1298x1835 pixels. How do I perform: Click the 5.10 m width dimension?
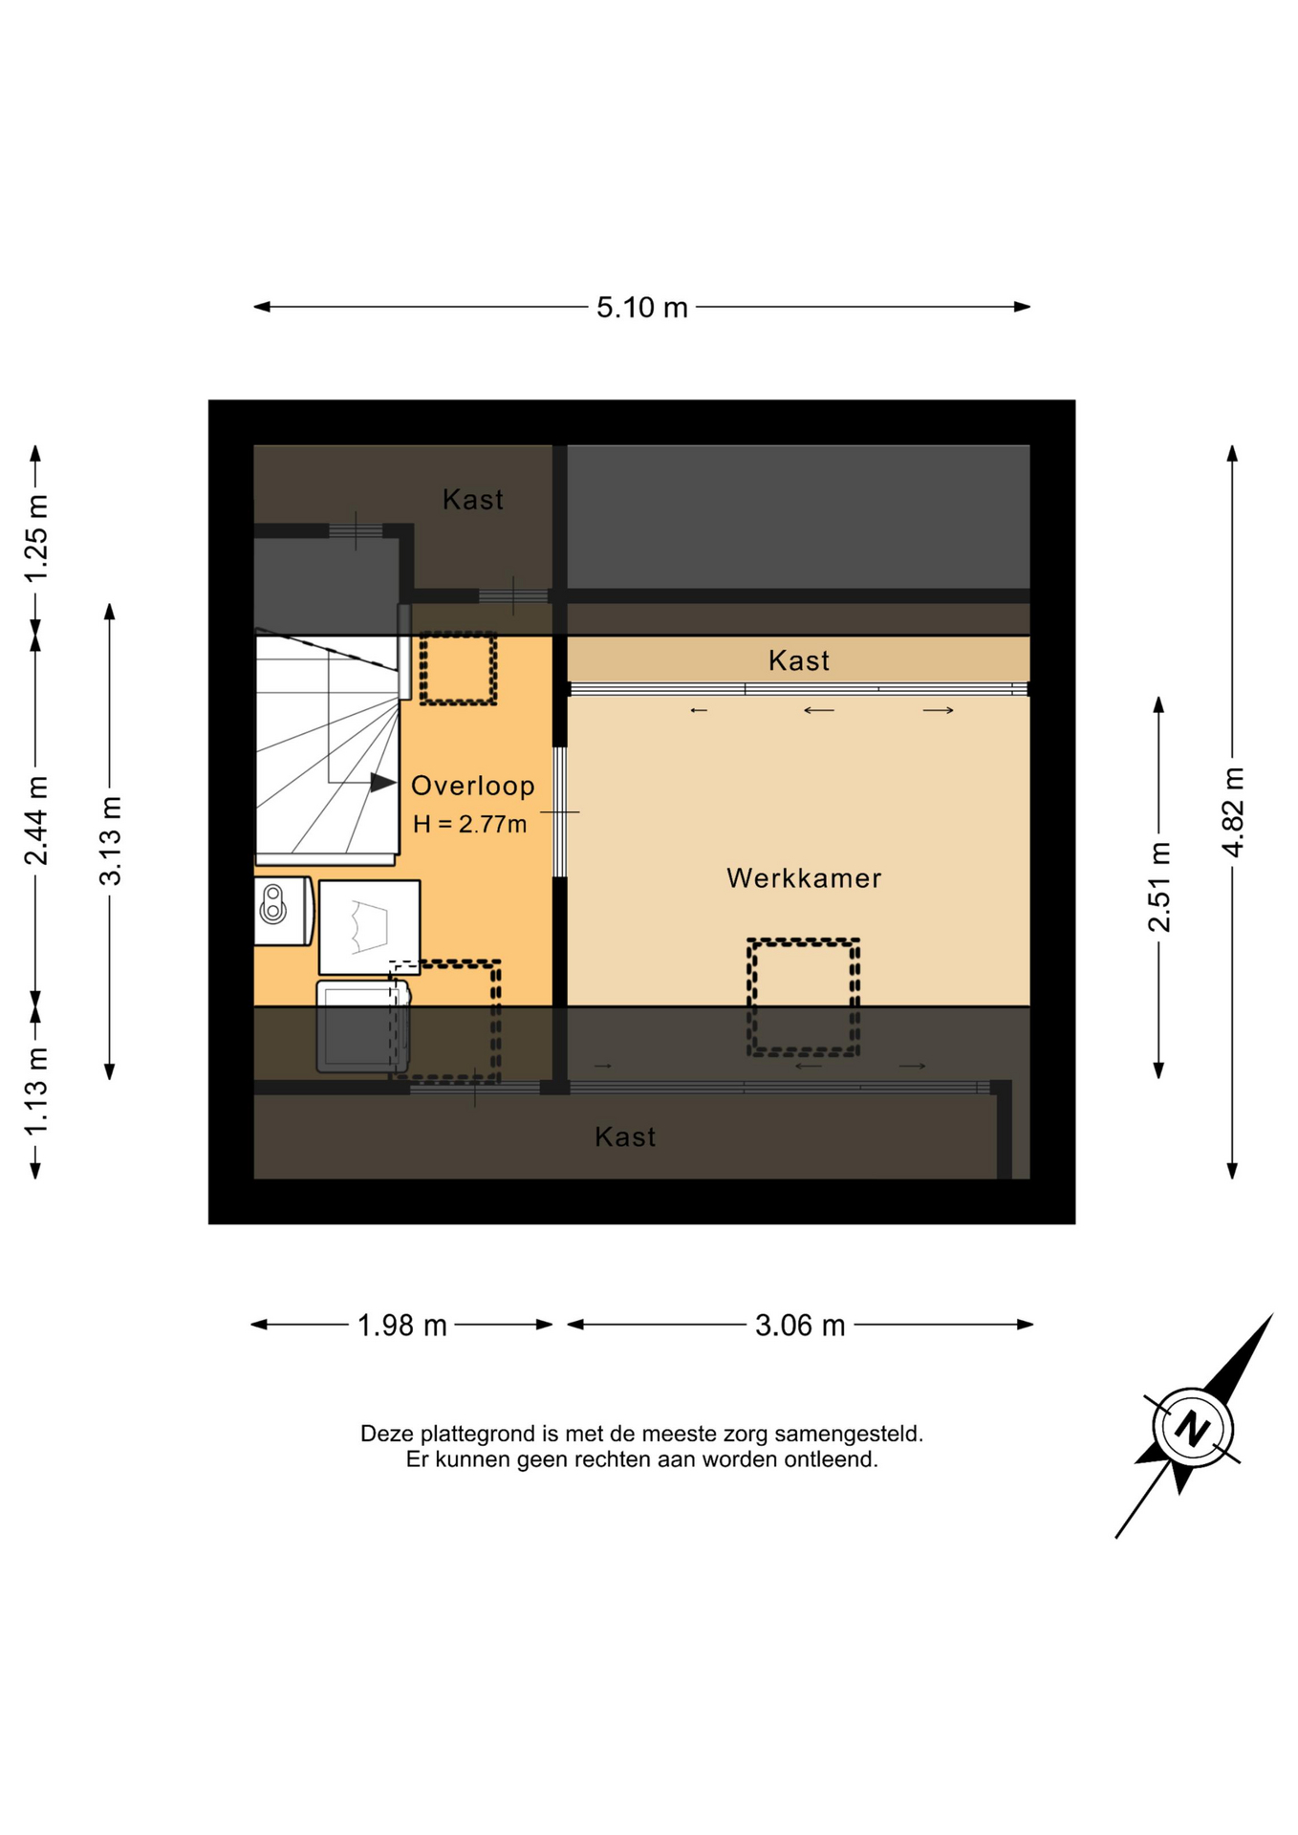tap(642, 308)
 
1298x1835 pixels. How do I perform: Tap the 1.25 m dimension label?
tap(35, 538)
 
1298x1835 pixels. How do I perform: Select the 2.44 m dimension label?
tap(35, 821)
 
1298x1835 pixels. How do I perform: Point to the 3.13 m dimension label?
tap(111, 841)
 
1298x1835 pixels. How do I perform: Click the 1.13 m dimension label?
tap(35, 1092)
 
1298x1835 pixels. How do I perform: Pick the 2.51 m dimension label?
tap(1159, 887)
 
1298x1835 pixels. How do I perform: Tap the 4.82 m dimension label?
tap(1233, 812)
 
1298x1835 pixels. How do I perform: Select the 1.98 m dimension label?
tap(402, 1326)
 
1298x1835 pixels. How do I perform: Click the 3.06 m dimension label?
tap(800, 1326)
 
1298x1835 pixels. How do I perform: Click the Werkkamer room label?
tap(804, 878)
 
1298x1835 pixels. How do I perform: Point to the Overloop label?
tap(472, 786)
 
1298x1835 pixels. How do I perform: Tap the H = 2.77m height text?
tap(469, 824)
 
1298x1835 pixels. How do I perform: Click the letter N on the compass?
tap(1192, 1429)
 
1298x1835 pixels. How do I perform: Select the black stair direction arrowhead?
tap(383, 783)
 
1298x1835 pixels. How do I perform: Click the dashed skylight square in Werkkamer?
tap(803, 998)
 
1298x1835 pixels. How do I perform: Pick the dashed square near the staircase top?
tap(458, 669)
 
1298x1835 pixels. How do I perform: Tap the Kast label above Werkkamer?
tap(799, 660)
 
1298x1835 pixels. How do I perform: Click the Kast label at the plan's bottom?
tap(625, 1136)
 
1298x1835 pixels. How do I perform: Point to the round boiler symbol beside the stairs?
tap(273, 904)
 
